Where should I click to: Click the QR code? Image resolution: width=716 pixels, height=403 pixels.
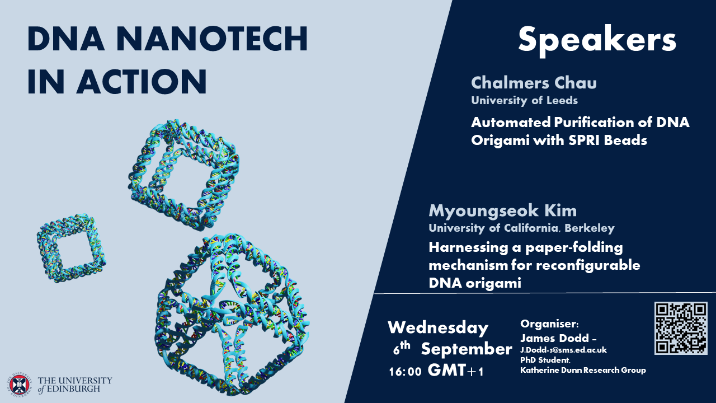pyautogui.click(x=681, y=328)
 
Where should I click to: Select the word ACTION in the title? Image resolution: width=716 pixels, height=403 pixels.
pyautogui.click(x=142, y=81)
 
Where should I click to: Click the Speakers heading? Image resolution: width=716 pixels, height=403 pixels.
pyautogui.click(x=597, y=39)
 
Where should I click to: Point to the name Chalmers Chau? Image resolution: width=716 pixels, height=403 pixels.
pyautogui.click(x=534, y=83)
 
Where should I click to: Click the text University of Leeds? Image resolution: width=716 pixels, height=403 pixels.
pyautogui.click(x=524, y=101)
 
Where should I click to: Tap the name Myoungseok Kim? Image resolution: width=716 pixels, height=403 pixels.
pyautogui.click(x=502, y=211)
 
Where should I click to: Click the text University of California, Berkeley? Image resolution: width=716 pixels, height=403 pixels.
pyautogui.click(x=521, y=228)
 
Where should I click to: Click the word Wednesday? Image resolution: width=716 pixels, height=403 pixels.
pyautogui.click(x=438, y=327)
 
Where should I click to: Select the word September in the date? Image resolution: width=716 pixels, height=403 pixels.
pyautogui.click(x=466, y=349)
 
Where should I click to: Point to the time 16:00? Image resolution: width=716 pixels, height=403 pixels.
pyautogui.click(x=405, y=372)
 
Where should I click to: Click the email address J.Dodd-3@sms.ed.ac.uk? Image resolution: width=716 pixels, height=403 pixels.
pyautogui.click(x=563, y=350)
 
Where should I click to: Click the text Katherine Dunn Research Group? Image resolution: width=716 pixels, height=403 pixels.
pyautogui.click(x=583, y=370)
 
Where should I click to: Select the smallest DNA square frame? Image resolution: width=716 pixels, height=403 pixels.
pyautogui.click(x=71, y=248)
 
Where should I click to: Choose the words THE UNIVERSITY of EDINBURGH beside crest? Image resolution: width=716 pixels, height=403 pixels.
pyautogui.click(x=75, y=385)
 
